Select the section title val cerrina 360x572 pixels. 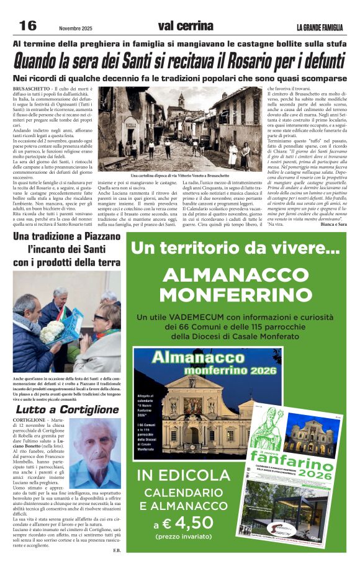pyautogui.click(x=186, y=26)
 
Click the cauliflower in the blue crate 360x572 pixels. pyautogui.click(x=49, y=335)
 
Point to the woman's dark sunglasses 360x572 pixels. pyautogui.click(x=100, y=317)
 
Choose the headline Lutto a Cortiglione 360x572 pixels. pyautogui.click(x=66, y=410)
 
